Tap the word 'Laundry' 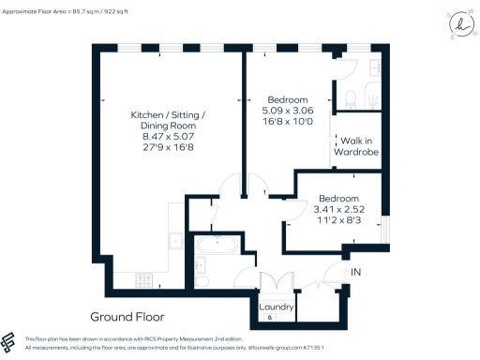point(277,307)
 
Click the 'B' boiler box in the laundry point(271,318)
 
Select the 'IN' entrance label point(356,272)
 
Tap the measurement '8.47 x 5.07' point(165,136)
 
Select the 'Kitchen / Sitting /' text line point(165,115)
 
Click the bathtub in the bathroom point(218,248)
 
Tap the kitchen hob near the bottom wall point(144,278)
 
